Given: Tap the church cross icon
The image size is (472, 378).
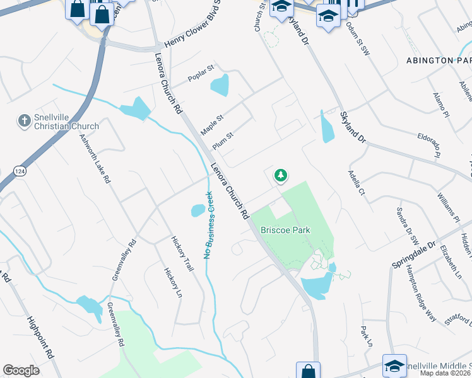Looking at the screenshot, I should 24,120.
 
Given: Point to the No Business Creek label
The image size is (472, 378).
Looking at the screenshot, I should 209,225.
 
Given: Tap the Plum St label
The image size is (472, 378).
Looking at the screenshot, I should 223,139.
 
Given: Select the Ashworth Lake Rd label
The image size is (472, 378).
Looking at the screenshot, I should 95,158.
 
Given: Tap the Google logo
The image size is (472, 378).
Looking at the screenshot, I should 21,370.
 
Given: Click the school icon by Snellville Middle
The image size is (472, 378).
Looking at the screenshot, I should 394,365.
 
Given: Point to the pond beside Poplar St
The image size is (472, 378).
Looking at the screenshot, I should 220,84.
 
